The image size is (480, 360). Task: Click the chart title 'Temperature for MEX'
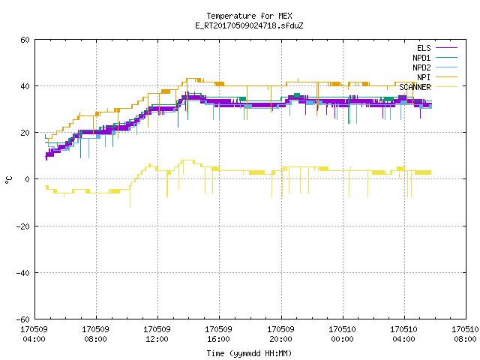[249, 16]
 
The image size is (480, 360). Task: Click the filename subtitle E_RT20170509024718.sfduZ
[249, 25]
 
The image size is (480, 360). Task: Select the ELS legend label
[424, 48]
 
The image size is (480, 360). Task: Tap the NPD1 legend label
[421, 58]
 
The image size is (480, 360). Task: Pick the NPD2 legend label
[421, 67]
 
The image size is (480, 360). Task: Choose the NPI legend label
[424, 77]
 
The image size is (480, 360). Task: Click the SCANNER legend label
[415, 87]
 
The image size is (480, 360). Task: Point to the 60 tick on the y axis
[25, 40]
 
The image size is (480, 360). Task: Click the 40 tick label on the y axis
[25, 86]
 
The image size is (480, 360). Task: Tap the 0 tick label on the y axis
[28, 179]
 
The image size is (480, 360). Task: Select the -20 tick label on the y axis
[23, 226]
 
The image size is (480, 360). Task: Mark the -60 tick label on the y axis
[23, 319]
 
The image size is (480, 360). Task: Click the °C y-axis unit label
[9, 180]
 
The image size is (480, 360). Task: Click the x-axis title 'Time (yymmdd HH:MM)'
[249, 353]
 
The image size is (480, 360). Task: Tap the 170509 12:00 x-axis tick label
[157, 334]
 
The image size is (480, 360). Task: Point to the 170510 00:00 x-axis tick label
[342, 334]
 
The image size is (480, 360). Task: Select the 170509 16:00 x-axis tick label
[218, 334]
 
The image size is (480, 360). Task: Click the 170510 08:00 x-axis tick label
[465, 334]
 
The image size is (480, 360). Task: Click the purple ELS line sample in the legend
[446, 48]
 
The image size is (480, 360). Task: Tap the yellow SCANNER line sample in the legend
[446, 87]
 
